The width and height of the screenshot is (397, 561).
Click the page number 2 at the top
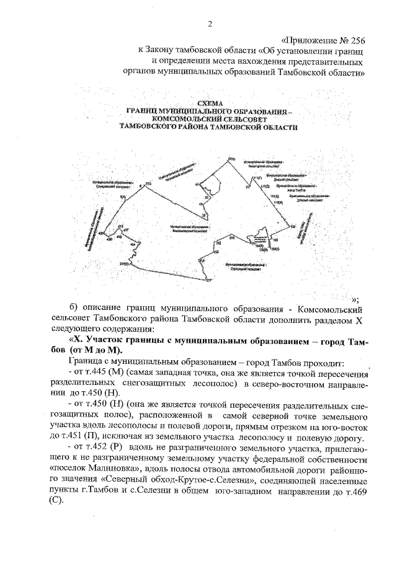click(x=210, y=24)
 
